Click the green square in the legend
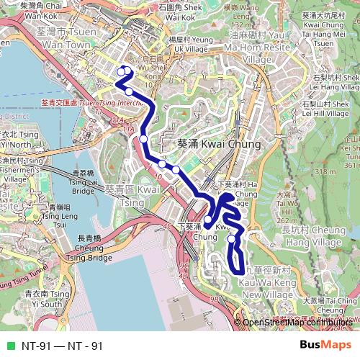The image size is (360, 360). pos(9,346)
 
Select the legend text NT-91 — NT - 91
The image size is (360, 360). pos(62,346)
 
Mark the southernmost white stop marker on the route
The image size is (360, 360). pos(232,239)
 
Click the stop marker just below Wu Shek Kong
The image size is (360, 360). pos(129,91)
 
